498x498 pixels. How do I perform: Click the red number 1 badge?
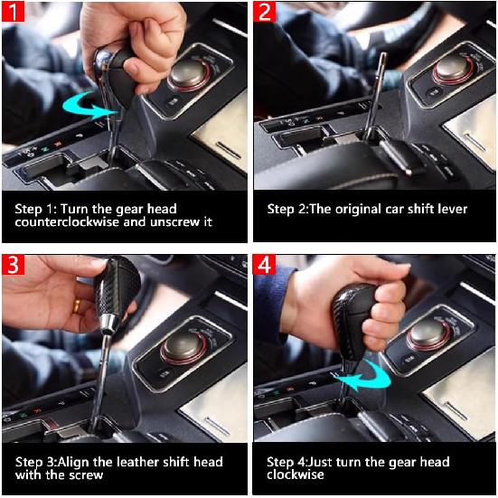(x=13, y=12)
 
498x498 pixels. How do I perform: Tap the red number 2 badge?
(x=265, y=12)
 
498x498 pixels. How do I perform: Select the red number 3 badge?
(x=13, y=264)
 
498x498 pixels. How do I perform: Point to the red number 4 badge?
(x=264, y=264)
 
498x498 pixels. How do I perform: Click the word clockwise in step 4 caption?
(x=295, y=475)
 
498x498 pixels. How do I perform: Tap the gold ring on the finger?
(x=77, y=305)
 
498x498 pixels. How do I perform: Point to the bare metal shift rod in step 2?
(x=375, y=96)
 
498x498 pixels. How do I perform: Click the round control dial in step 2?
(x=453, y=70)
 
